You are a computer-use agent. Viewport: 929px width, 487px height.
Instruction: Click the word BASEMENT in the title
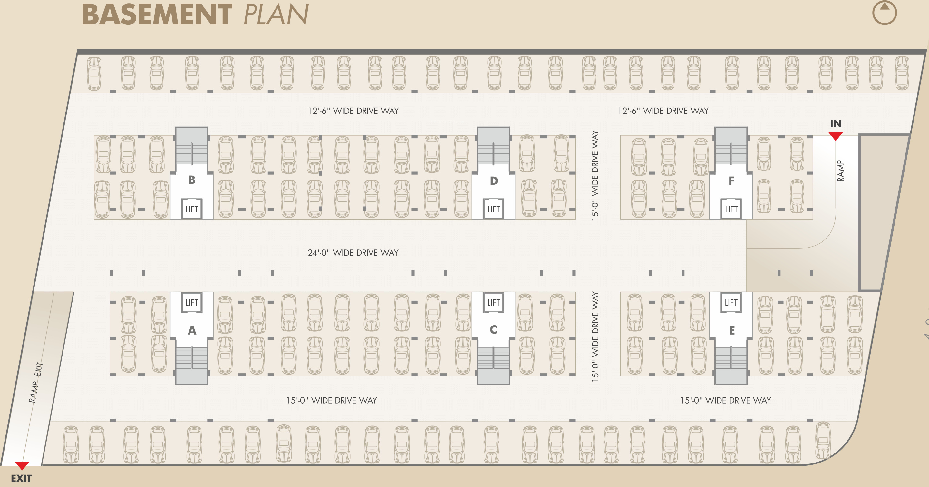(x=157, y=15)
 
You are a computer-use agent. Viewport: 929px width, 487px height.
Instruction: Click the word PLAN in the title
(x=276, y=15)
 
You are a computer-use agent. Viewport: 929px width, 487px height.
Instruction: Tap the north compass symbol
(x=884, y=13)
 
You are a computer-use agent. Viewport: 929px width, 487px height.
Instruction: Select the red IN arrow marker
(x=835, y=136)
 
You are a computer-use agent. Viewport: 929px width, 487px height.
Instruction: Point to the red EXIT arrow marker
(x=22, y=465)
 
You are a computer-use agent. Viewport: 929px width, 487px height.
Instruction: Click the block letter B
(x=192, y=180)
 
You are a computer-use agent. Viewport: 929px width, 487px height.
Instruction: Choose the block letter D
(x=494, y=180)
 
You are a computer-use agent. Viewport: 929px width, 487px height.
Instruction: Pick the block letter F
(x=731, y=180)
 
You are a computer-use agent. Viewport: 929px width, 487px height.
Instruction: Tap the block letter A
(x=192, y=330)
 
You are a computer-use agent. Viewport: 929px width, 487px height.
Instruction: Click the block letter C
(x=493, y=329)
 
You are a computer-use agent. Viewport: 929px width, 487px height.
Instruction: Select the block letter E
(x=731, y=330)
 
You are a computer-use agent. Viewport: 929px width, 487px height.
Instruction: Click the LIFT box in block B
(x=191, y=209)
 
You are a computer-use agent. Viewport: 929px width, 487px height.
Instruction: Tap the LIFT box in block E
(x=731, y=302)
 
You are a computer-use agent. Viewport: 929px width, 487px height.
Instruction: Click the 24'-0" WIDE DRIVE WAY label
(x=353, y=252)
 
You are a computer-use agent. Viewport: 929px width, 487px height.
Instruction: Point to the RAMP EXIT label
(x=36, y=382)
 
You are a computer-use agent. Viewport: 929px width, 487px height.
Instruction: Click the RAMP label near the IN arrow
(x=840, y=170)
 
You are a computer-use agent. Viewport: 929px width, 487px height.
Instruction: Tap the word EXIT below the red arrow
(x=21, y=478)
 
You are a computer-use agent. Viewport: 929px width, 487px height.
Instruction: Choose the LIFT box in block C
(x=493, y=302)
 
